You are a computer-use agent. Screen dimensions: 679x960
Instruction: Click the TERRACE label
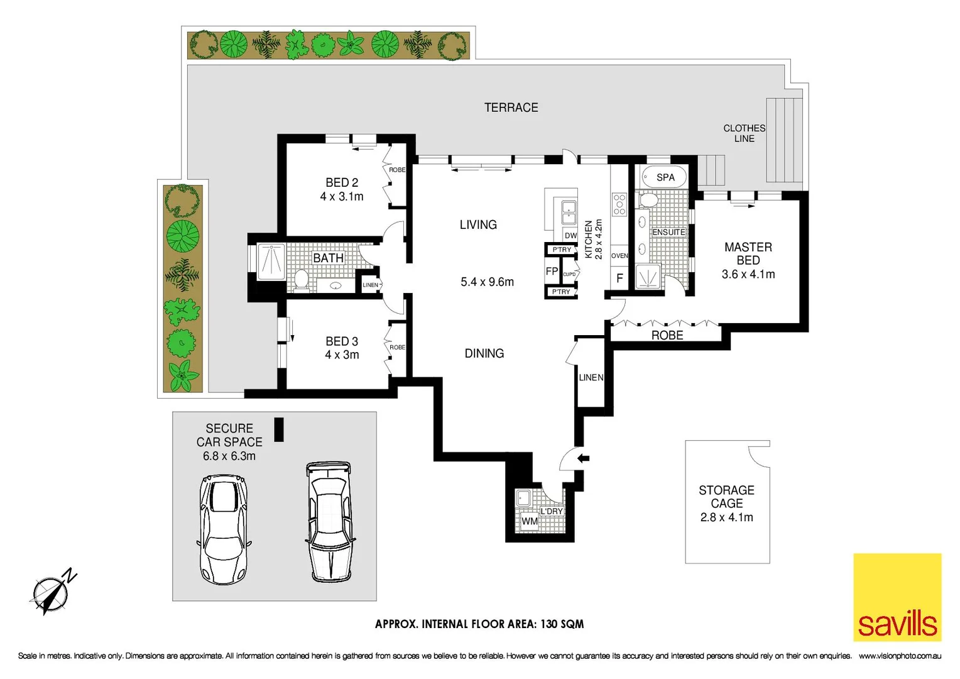511,108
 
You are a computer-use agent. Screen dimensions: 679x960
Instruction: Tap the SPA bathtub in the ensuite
664,177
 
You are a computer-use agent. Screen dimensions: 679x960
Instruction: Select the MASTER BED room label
748,253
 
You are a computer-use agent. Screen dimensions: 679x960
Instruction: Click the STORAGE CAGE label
726,497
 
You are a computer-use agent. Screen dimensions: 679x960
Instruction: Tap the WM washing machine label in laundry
529,521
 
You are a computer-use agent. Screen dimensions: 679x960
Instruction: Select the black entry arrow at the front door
583,458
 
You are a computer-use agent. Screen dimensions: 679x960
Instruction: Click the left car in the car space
224,529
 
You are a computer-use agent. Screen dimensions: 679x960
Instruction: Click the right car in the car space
329,521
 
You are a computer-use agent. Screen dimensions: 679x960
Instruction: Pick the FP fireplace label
552,271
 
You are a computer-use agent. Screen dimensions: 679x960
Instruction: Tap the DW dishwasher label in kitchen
570,236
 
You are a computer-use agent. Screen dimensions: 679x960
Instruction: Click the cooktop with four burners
619,204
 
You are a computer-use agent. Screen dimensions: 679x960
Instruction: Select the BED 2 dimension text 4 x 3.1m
342,197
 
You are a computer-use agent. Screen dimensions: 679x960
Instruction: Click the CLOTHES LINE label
744,133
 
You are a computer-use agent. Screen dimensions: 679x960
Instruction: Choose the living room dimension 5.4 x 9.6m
487,282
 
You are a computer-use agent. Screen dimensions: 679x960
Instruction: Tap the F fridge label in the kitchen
619,278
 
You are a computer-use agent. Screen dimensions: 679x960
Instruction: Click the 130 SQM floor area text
562,624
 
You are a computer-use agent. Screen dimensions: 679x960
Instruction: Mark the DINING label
484,353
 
